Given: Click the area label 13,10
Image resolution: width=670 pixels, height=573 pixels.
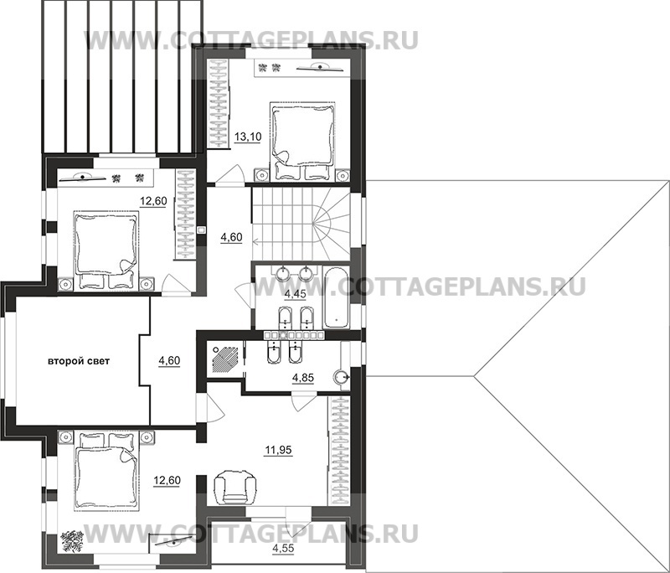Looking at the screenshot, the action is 247,137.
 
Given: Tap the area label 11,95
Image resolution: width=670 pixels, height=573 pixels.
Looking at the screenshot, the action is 279,450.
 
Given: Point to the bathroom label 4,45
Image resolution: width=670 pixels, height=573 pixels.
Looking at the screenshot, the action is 295,294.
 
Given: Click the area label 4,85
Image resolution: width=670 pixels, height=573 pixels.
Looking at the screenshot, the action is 303,378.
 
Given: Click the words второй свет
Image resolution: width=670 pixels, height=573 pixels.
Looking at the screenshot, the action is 78,361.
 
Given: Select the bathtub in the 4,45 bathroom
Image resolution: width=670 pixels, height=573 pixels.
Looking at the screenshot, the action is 337,297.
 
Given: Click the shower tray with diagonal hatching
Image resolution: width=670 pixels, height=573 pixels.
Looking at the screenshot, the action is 224,359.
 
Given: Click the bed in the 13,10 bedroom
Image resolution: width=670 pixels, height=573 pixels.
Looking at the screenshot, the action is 303,142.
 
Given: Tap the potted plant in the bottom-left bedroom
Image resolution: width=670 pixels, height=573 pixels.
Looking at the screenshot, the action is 71,541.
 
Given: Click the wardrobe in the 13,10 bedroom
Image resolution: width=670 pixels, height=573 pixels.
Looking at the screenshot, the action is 219,104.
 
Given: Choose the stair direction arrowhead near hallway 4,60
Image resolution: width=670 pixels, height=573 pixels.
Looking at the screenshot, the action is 255,242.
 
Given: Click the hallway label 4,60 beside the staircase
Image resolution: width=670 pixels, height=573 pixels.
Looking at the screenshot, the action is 231,237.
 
